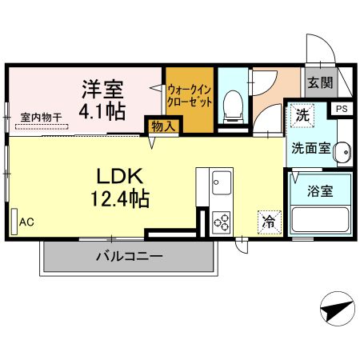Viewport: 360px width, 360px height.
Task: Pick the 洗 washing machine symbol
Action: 302,114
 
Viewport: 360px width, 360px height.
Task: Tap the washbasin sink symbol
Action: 342,150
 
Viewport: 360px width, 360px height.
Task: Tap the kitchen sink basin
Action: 221,187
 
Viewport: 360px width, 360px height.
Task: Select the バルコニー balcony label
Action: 129,257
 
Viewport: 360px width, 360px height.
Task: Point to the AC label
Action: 27,222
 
